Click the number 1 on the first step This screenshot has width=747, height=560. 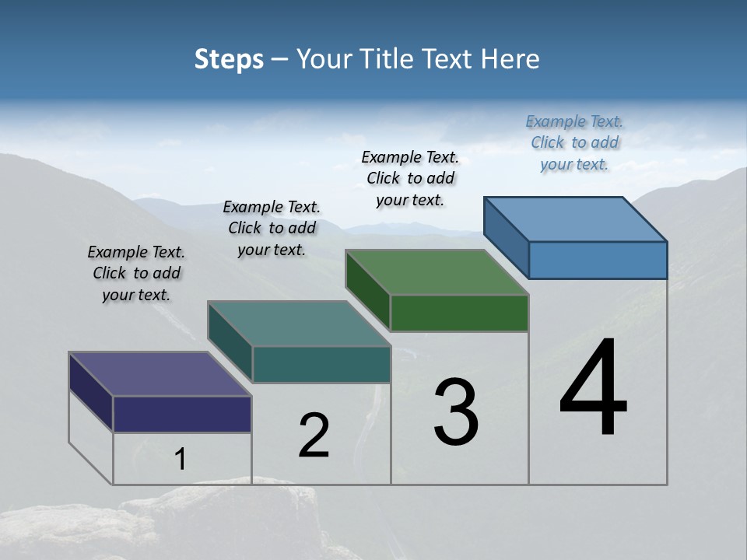tap(181, 460)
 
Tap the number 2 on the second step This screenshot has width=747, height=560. tap(314, 436)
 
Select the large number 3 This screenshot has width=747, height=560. tap(456, 412)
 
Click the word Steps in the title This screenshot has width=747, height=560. tap(229, 59)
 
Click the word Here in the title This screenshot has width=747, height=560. tap(510, 59)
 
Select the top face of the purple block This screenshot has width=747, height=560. tap(160, 374)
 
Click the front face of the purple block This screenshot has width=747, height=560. tap(182, 414)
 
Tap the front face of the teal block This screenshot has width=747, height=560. tap(321, 364)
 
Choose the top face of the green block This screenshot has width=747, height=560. tap(437, 272)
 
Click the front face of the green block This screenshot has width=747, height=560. tap(459, 313)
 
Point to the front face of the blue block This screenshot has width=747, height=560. tap(598, 260)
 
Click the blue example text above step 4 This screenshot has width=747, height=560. tap(574, 142)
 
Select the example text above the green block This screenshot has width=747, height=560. tap(410, 178)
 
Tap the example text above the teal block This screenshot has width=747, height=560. tap(272, 228)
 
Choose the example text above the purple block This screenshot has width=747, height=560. tap(136, 273)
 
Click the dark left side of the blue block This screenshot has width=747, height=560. tap(506, 237)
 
